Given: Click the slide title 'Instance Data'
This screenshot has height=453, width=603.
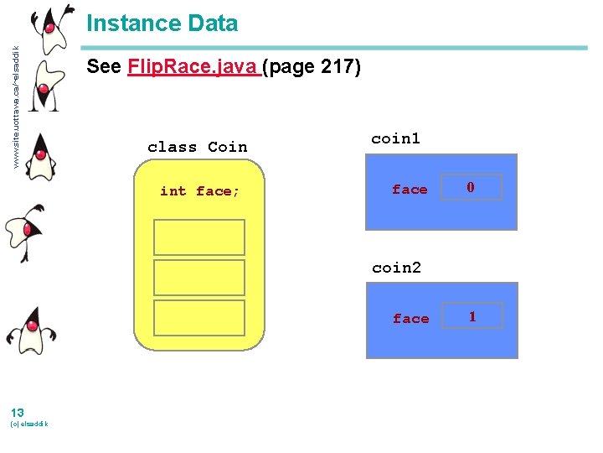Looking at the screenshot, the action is (162, 23).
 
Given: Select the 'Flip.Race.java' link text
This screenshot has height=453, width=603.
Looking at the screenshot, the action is (193, 66).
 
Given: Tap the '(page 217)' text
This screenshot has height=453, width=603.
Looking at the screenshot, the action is (312, 66).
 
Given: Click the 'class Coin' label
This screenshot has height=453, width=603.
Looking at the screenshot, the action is (198, 147).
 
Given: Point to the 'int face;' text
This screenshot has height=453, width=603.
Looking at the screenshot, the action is (200, 191).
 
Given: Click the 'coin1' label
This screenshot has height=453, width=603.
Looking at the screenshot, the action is (395, 138).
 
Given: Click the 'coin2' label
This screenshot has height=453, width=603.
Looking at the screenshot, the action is (396, 268).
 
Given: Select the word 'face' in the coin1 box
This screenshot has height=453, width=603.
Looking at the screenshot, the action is (410, 190).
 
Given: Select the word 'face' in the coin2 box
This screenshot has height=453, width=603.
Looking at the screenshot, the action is (410, 319).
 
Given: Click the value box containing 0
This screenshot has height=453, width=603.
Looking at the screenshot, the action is (471, 188).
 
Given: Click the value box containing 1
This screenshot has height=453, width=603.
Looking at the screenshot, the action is (472, 316).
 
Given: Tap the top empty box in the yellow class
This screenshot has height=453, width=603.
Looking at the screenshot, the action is (199, 237).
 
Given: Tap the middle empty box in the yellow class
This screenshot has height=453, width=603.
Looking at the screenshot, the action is (199, 278).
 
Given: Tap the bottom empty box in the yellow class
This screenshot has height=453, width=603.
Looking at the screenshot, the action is (199, 318).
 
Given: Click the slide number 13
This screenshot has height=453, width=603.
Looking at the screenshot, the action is (17, 411).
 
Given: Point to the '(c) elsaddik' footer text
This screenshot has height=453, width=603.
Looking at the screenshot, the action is (28, 424).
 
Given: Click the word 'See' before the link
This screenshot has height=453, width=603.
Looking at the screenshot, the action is (104, 66).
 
